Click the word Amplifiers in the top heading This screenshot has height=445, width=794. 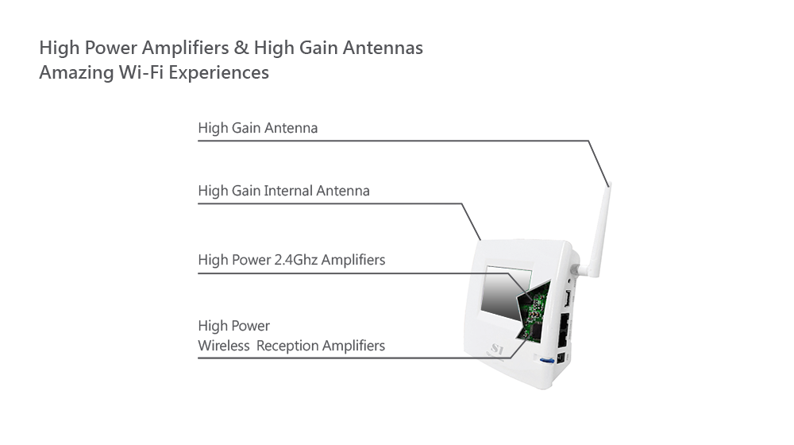(185, 48)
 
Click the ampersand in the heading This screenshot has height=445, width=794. (241, 48)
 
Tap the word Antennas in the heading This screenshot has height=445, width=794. (383, 48)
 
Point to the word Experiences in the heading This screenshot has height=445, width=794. (219, 73)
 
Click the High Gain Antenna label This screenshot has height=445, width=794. (258, 128)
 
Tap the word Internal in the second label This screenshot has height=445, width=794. (288, 191)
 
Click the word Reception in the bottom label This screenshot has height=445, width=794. (287, 346)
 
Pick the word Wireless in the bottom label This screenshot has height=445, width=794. (224, 346)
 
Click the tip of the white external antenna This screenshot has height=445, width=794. (610, 184)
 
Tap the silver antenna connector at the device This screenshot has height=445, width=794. (576, 269)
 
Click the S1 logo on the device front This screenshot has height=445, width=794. (497, 349)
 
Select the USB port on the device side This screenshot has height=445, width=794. (568, 298)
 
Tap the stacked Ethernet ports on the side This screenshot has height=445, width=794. (564, 330)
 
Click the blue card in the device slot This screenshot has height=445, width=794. (547, 361)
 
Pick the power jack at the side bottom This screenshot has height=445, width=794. (561, 358)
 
